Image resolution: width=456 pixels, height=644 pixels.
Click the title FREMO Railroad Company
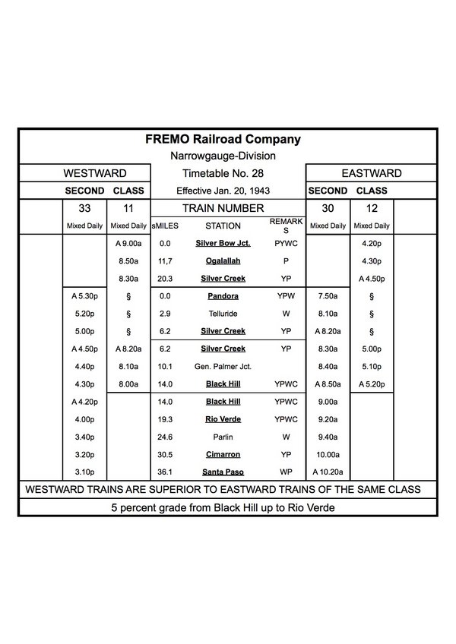[x=223, y=140]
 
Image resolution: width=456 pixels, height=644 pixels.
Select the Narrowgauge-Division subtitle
[x=223, y=156]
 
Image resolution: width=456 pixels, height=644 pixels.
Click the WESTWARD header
[x=95, y=174]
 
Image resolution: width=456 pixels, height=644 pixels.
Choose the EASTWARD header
[x=371, y=174]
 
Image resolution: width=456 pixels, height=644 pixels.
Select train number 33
[x=84, y=208]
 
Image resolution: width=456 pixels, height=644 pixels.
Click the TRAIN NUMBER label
[x=223, y=208]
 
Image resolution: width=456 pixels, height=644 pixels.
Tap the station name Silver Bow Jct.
[x=223, y=244]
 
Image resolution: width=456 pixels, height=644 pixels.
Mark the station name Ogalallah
[x=223, y=261]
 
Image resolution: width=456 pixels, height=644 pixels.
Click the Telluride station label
[x=223, y=314]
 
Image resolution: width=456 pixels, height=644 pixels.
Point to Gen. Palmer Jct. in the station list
[x=223, y=367]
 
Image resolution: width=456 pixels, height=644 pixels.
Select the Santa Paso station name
[x=223, y=472]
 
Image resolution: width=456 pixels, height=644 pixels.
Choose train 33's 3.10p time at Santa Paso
[x=84, y=472]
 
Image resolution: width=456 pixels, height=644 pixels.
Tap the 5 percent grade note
[x=223, y=507]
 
